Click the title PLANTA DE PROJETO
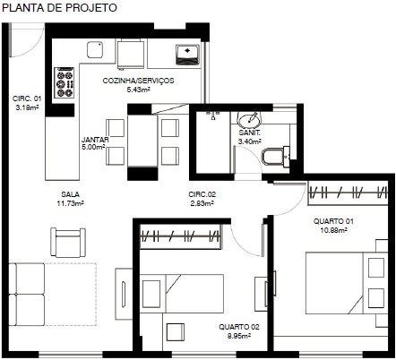(59, 8)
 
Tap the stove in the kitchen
(65, 82)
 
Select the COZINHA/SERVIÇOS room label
(138, 81)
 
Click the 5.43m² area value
(138, 90)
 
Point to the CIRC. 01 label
(27, 99)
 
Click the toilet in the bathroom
(275, 157)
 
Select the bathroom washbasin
(248, 119)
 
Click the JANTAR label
(95, 140)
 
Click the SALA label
(71, 194)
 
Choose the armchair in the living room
(68, 243)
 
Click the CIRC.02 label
(202, 194)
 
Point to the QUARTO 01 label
(333, 221)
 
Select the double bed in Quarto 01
(347, 283)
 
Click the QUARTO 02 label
(239, 327)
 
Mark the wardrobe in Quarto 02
(180, 236)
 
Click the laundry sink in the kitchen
(187, 55)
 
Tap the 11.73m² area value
(71, 203)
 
